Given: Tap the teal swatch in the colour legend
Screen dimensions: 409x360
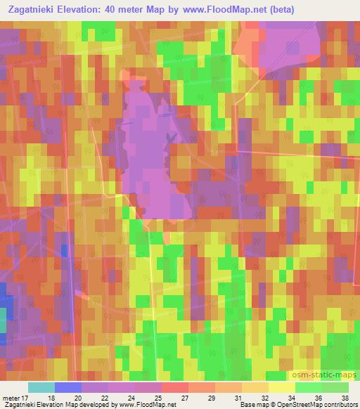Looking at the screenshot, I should tap(41, 387).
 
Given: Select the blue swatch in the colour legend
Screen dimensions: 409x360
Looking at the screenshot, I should tap(68, 387).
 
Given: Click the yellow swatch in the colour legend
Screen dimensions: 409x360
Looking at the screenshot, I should tap(282, 387).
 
